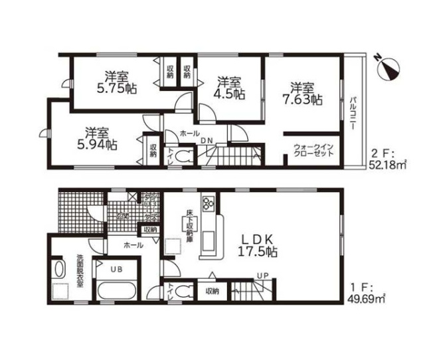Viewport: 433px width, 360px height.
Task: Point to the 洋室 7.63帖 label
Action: click(305, 94)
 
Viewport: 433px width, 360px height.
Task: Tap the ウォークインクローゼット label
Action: click(313, 149)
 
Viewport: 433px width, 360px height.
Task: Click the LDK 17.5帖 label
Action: click(258, 245)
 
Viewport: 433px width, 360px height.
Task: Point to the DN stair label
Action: click(207, 140)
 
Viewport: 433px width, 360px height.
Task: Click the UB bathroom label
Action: click(116, 270)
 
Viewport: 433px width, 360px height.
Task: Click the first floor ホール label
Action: click(128, 244)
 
